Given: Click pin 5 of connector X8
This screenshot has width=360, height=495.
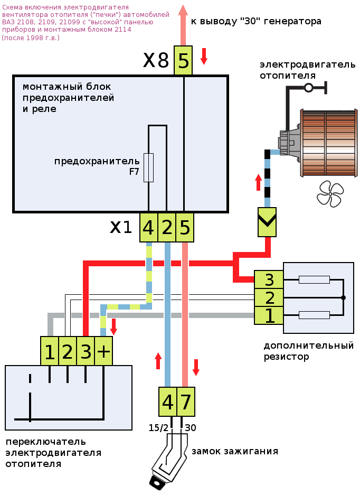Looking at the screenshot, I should click(183, 61).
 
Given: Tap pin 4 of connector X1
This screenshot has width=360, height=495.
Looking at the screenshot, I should click(148, 228).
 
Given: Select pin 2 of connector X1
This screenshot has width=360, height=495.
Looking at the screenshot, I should click(167, 228).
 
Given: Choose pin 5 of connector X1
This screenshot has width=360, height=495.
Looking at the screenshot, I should click(185, 228).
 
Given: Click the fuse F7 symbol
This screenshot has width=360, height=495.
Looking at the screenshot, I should click(148, 167).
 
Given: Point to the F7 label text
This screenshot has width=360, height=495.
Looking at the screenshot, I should click(134, 172).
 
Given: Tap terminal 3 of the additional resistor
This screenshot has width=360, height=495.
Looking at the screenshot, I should click(269, 280).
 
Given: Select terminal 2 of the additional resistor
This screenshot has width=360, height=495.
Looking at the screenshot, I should click(269, 298).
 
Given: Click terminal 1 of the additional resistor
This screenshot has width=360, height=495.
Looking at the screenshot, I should click(269, 315).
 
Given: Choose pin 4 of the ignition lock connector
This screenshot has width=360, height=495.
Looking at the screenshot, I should click(168, 403).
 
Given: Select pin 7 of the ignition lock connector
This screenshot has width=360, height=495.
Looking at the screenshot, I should click(186, 403).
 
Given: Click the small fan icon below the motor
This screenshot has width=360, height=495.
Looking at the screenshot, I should click(330, 193).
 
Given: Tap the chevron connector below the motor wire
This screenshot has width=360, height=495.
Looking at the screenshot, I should click(267, 222).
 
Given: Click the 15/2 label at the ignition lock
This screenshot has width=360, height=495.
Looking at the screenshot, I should click(159, 427).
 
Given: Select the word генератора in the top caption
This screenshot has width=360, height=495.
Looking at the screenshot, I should click(290, 21).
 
